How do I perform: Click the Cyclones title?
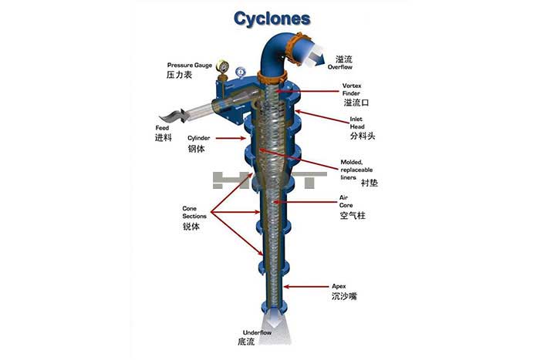(272, 19)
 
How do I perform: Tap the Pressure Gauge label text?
(190, 65)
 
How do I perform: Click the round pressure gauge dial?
(222, 66)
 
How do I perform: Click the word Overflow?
(340, 67)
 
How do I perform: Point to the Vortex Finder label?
(352, 89)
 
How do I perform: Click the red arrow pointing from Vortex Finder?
(306, 91)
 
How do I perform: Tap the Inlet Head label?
(357, 123)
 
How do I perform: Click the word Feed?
(162, 128)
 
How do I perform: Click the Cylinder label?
(199, 138)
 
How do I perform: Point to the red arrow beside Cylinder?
(231, 138)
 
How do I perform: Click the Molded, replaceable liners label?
(356, 170)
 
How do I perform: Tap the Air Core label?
(346, 201)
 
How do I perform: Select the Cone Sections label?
(194, 212)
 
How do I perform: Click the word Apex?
(339, 286)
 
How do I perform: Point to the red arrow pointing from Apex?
(305, 286)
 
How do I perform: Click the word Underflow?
(257, 332)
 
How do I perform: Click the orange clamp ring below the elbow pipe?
(272, 78)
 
